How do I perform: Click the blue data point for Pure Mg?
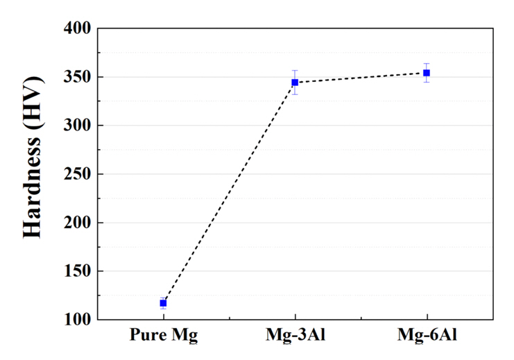click(x=163, y=303)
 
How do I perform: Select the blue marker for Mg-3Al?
click(x=295, y=83)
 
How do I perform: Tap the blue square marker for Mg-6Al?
click(x=427, y=73)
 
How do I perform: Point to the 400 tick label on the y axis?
click(x=76, y=28)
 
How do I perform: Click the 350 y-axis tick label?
click(x=76, y=77)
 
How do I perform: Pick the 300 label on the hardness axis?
click(x=76, y=126)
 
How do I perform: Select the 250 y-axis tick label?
click(x=76, y=174)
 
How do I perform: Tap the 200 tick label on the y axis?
click(x=76, y=223)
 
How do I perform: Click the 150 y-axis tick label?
click(x=76, y=271)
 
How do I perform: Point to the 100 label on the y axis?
click(x=76, y=320)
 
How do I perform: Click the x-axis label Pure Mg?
click(x=164, y=337)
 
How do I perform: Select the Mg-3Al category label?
click(x=295, y=337)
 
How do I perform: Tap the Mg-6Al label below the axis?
click(x=427, y=337)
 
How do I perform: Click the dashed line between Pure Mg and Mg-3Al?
click(x=229, y=193)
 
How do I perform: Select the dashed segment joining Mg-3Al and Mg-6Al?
click(x=361, y=78)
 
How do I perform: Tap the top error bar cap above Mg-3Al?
click(x=295, y=71)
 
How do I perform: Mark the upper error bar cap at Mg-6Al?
click(x=427, y=64)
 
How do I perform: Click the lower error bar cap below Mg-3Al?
click(x=295, y=94)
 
